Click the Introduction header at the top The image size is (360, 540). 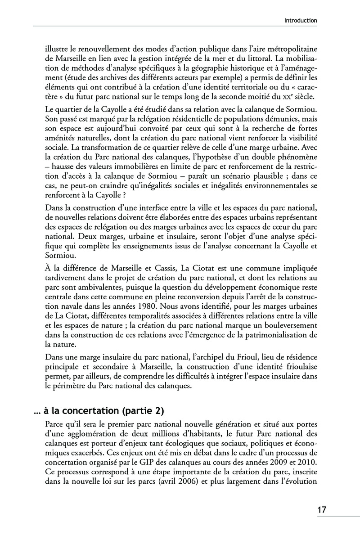point(301,20)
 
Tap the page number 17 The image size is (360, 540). point(322,510)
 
